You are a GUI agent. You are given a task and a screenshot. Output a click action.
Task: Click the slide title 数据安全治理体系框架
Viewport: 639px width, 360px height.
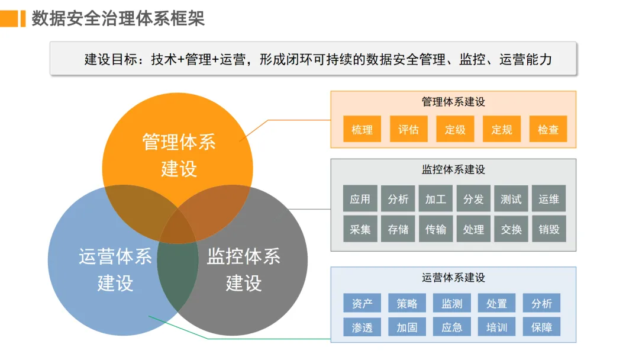pos(118,18)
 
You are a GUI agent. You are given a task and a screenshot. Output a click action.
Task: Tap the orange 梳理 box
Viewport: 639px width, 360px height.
pos(362,129)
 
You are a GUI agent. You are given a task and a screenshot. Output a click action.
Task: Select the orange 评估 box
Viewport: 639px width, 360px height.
pos(408,129)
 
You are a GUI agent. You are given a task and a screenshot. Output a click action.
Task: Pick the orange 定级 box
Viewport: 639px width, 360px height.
pos(455,129)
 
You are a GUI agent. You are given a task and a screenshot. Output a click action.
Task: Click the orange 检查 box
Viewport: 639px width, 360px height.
pos(548,129)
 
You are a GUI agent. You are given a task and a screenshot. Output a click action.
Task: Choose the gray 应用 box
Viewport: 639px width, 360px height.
pos(360,199)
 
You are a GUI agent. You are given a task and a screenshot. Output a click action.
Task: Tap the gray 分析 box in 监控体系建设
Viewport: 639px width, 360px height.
pos(398,199)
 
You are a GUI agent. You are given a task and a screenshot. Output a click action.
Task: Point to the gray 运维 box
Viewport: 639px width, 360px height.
pos(548,199)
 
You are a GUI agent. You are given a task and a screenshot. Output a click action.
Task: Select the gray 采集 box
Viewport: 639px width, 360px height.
pos(360,229)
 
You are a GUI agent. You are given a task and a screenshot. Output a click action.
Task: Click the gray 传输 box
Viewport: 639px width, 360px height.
pos(435,229)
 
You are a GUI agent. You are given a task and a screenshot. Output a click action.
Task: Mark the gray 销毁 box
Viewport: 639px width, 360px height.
pos(548,229)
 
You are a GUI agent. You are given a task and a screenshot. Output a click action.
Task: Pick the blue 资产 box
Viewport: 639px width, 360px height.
pos(362,303)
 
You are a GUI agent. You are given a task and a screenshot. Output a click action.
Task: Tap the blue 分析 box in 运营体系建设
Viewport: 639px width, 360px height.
pos(541,303)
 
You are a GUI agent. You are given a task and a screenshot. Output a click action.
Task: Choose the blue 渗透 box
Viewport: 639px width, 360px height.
pos(362,327)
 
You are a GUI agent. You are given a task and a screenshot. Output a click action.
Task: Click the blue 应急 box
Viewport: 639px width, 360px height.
pos(451,327)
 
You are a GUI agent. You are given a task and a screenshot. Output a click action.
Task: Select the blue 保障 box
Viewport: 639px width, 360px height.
pos(541,327)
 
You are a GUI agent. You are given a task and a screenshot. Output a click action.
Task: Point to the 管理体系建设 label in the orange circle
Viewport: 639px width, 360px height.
pos(179,155)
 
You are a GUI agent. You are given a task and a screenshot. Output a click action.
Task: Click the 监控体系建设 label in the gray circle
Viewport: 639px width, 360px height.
pos(243,269)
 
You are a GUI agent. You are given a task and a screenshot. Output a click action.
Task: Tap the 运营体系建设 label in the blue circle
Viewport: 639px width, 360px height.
pos(115,269)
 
